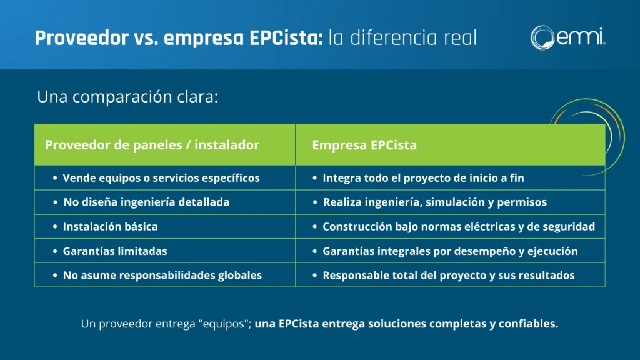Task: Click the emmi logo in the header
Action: pyautogui.click(x=567, y=37)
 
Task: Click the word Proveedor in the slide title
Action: pyautogui.click(x=82, y=38)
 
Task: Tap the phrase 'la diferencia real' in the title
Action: pyautogui.click(x=402, y=38)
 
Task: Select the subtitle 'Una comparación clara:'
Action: pyautogui.click(x=127, y=97)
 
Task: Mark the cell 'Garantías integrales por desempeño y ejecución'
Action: pyautogui.click(x=450, y=251)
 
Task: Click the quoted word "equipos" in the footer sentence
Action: pyautogui.click(x=224, y=324)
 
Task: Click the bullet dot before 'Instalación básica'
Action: pyautogui.click(x=55, y=226)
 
